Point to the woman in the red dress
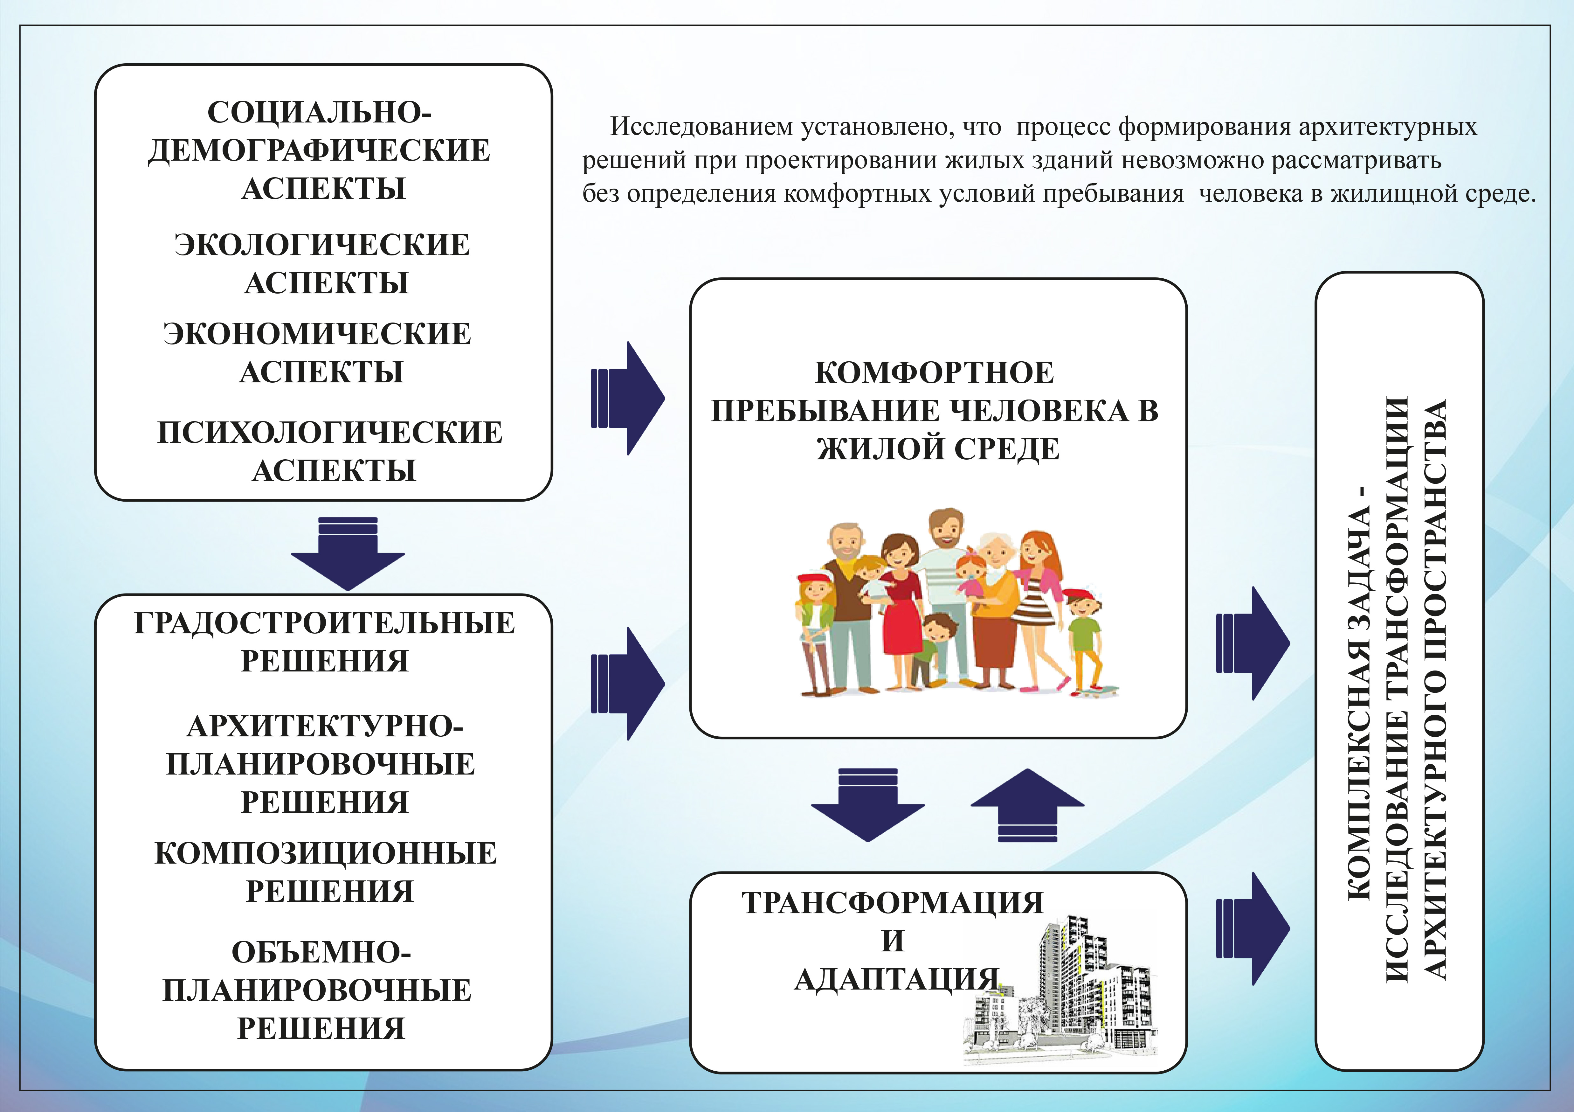900,603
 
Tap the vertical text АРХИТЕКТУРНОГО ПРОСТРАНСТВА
1434,689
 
